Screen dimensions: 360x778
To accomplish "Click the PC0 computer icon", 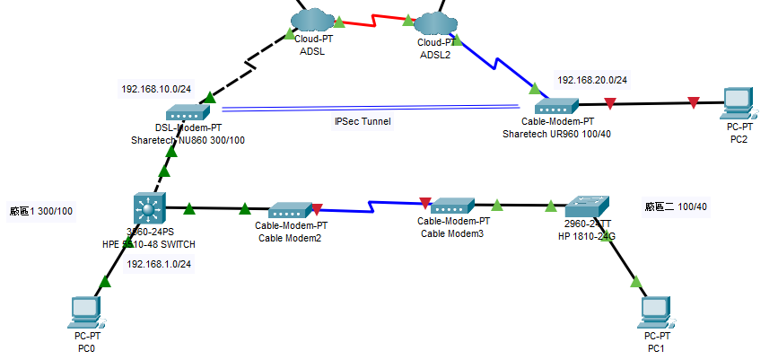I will point(86,312).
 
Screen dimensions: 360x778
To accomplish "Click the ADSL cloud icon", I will point(310,18).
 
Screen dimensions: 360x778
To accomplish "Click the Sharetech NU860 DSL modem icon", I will point(188,113).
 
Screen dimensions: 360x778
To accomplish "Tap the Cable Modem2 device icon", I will point(289,210).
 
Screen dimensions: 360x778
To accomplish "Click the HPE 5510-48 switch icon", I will point(147,208).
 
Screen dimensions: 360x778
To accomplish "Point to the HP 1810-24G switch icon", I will point(586,206).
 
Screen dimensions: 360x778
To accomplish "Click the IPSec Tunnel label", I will point(363,120).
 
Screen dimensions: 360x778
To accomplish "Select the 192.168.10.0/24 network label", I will point(155,89).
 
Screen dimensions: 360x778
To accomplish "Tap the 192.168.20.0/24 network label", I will point(592,80).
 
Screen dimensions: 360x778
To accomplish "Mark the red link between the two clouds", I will point(373,18).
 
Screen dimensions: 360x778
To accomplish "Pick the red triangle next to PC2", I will point(693,103).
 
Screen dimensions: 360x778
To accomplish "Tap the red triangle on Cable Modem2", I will point(316,210).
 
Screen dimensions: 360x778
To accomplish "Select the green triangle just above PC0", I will point(104,282).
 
